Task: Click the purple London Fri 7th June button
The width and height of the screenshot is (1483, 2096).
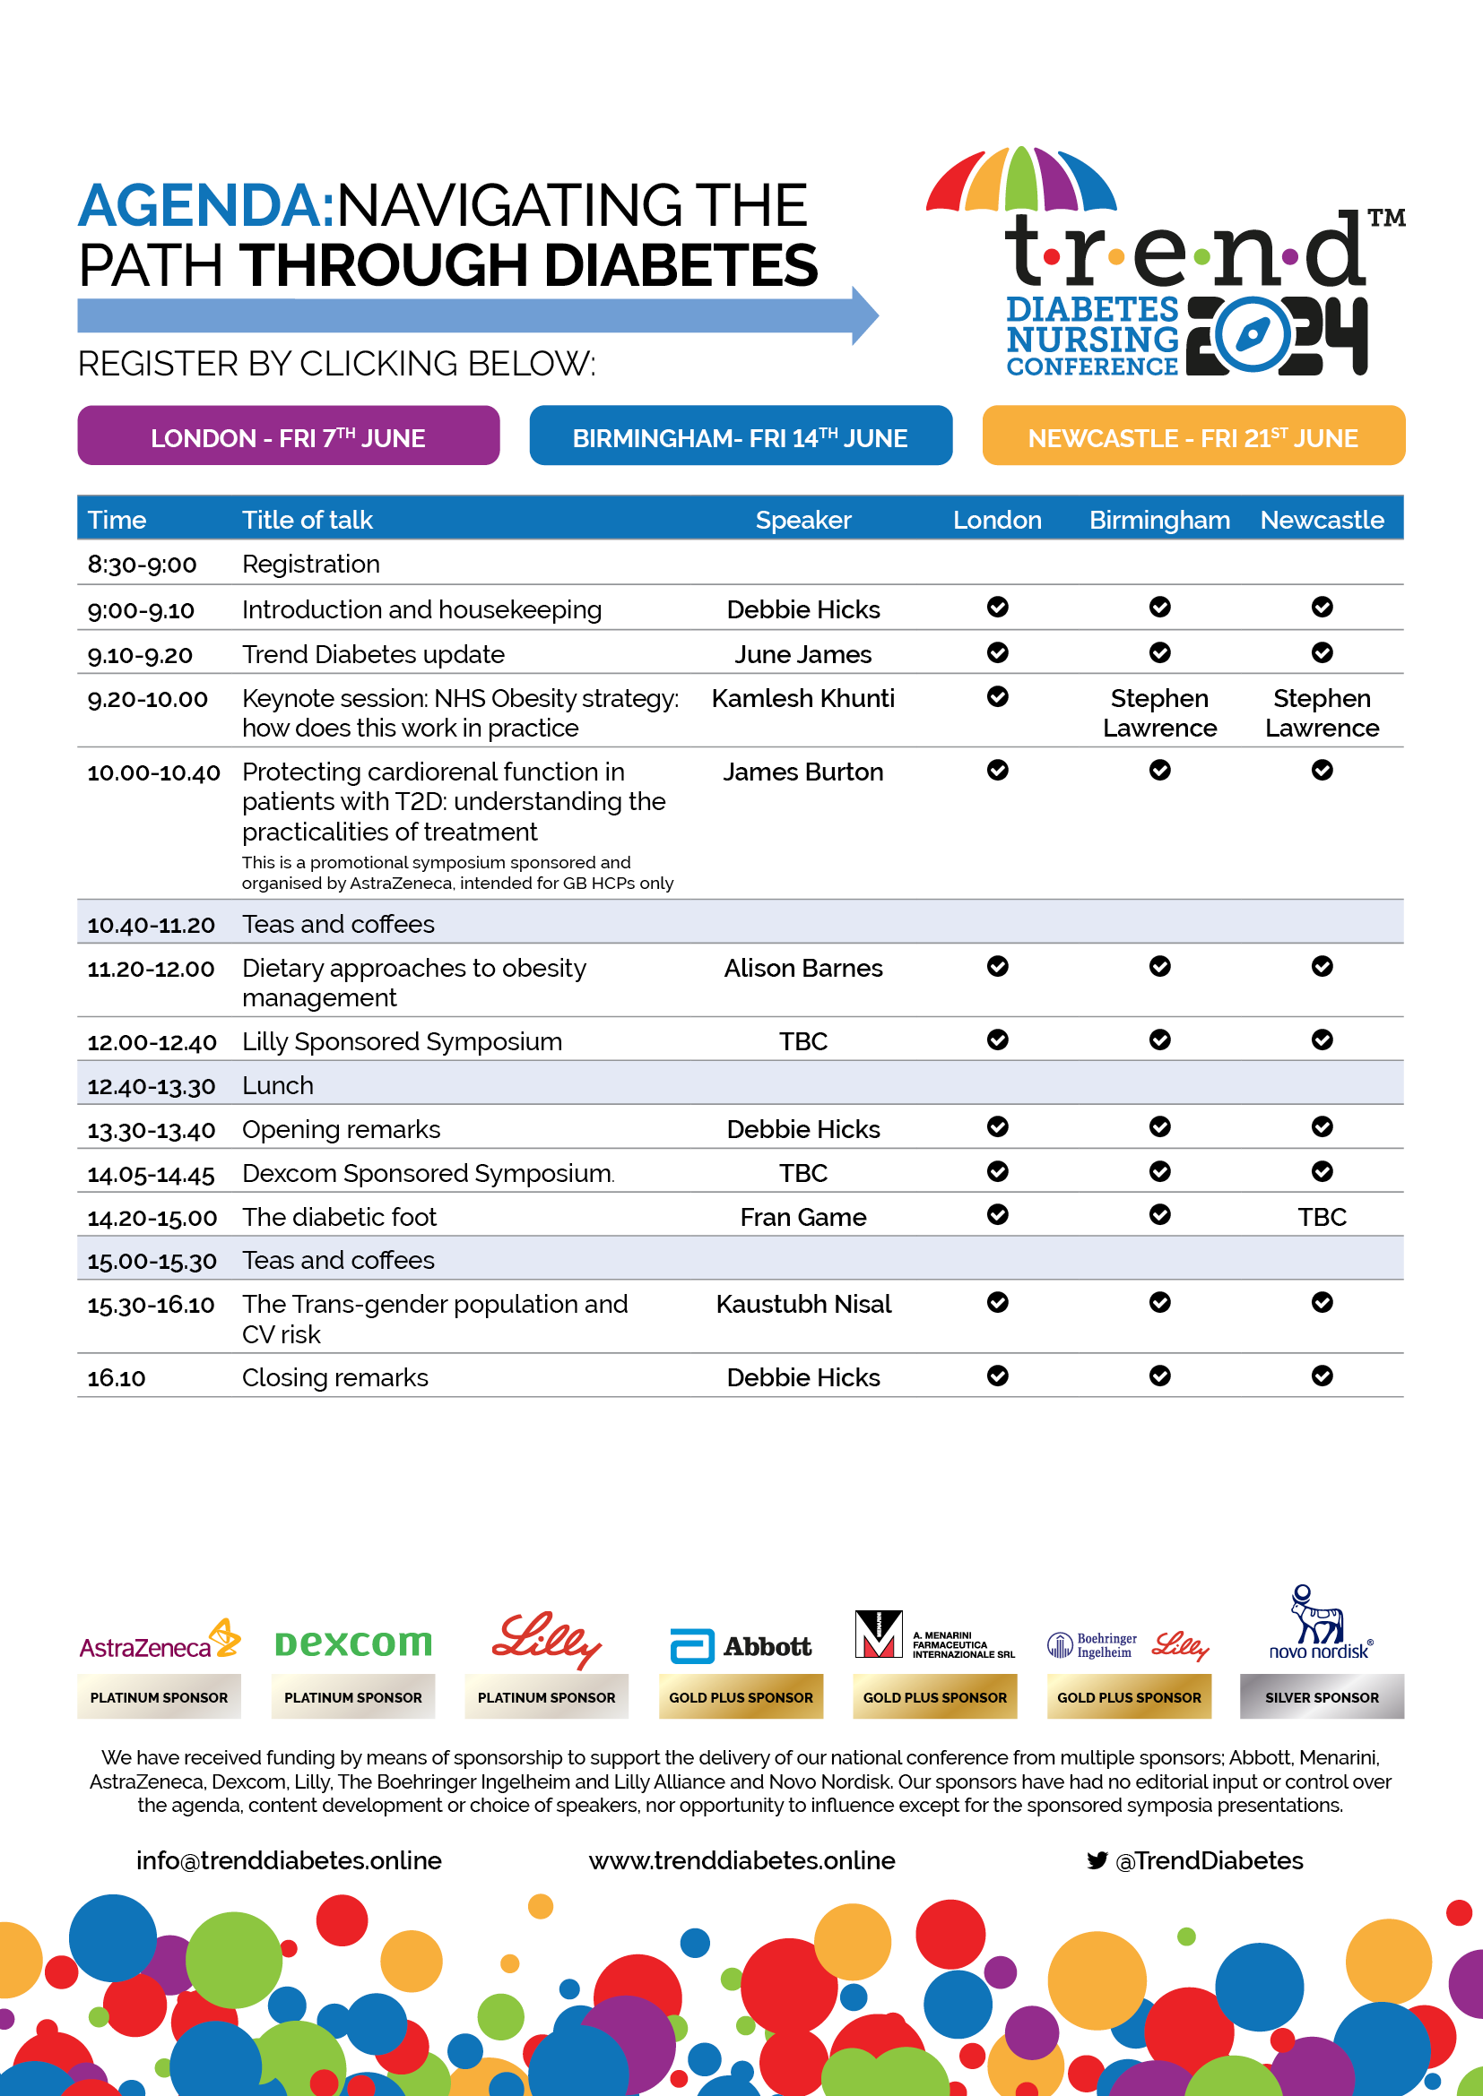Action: point(288,436)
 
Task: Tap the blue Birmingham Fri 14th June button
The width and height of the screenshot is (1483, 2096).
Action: point(740,436)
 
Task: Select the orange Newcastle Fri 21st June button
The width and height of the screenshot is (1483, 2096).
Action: point(1192,436)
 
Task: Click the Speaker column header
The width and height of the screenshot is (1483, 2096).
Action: point(802,520)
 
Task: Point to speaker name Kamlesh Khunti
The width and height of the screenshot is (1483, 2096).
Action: point(802,698)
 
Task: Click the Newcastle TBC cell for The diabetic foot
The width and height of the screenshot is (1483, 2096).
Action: point(1322,1217)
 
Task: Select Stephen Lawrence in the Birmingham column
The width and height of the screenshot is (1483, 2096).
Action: point(1158,713)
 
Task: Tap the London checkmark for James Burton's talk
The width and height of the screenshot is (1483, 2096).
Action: point(997,771)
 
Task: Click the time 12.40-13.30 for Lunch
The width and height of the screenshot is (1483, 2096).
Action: point(152,1086)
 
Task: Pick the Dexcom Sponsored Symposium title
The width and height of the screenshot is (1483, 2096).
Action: point(427,1173)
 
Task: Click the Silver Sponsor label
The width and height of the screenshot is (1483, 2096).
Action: point(1322,1697)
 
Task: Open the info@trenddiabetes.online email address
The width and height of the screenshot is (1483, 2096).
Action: point(289,1860)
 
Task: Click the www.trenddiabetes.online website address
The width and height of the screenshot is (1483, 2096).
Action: point(741,1860)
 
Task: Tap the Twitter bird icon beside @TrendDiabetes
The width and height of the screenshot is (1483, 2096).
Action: point(1097,1860)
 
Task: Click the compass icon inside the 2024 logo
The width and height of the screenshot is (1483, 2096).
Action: point(1251,334)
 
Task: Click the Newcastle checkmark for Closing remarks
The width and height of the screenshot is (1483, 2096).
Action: point(1322,1376)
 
